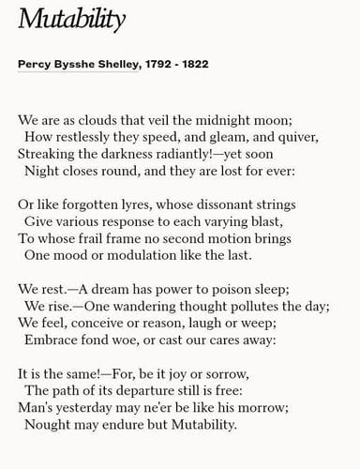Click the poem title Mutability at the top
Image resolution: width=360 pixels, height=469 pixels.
click(x=72, y=20)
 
